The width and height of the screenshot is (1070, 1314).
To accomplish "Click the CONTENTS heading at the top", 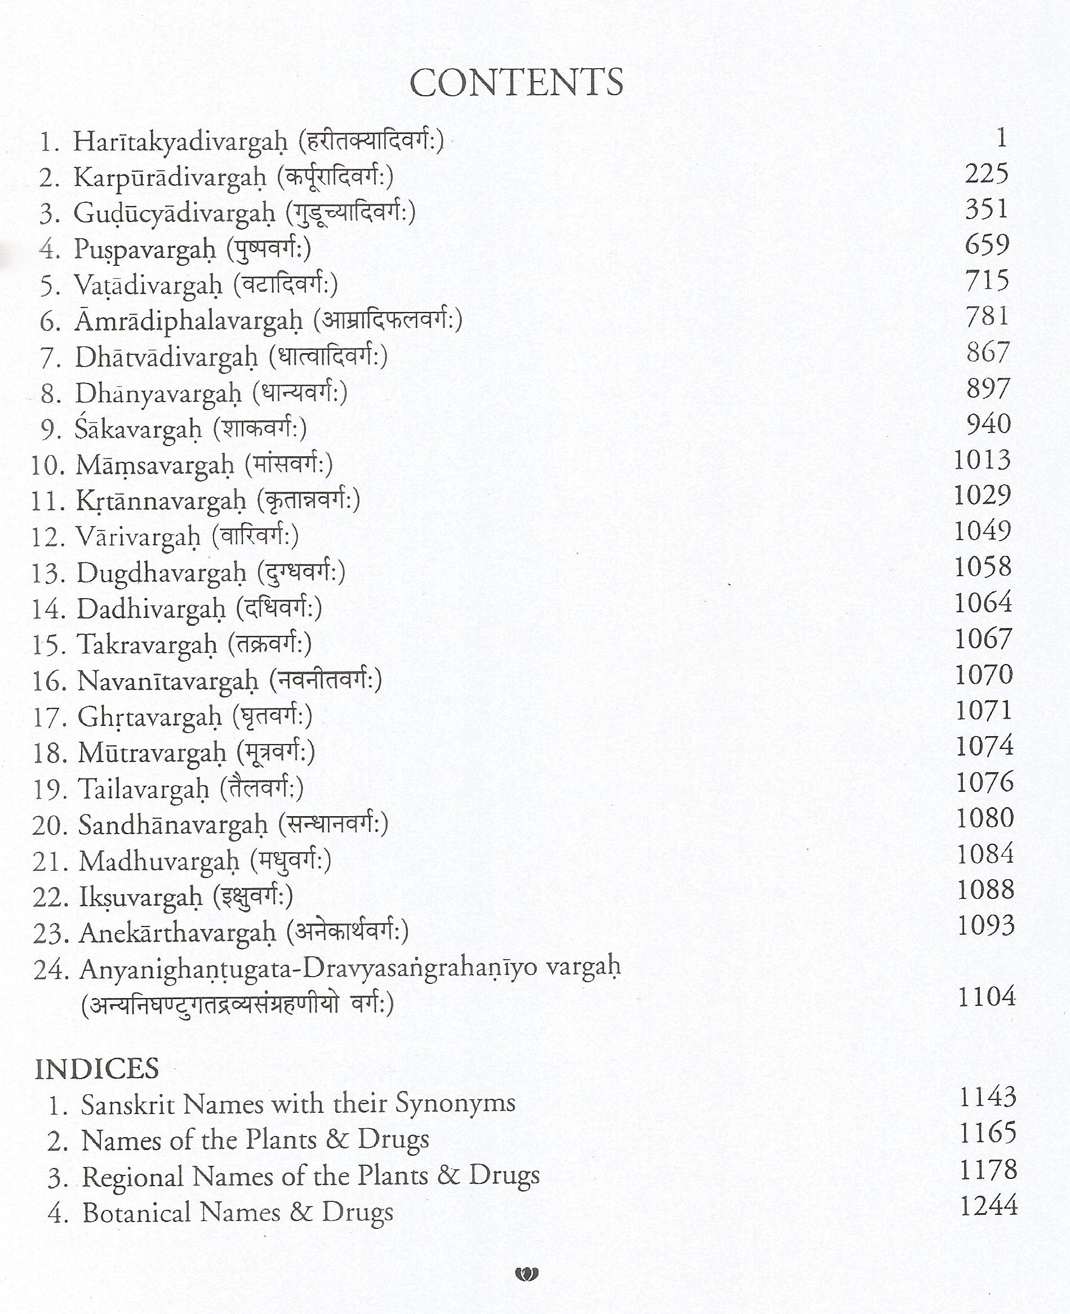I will (x=517, y=83).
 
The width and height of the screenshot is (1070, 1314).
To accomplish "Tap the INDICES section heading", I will (x=97, y=1069).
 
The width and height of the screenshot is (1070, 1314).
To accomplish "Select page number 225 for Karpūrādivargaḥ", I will (x=986, y=173).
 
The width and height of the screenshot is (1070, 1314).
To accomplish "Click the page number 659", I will (x=987, y=245).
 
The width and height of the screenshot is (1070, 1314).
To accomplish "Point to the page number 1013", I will (x=983, y=460).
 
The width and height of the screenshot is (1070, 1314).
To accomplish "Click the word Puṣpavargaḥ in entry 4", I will (x=145, y=250).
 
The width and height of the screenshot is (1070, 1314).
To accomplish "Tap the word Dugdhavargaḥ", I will (x=161, y=573).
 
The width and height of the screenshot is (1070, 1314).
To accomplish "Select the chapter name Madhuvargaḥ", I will (x=158, y=862).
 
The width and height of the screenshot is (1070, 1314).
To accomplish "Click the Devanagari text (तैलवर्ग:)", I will (x=262, y=789).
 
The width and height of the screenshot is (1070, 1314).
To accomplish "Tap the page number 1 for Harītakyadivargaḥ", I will (x=1002, y=138).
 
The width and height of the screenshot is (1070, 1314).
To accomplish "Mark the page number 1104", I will (x=986, y=996).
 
